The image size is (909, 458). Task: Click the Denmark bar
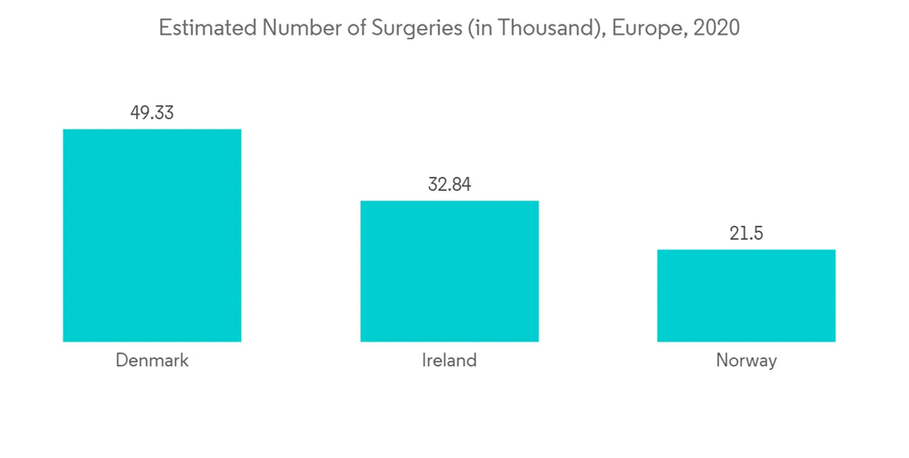click(x=152, y=235)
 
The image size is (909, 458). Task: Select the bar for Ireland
click(x=449, y=271)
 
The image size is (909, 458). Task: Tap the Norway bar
click(x=746, y=295)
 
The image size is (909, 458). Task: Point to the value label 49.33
click(x=152, y=114)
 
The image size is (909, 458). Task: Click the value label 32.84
click(x=449, y=184)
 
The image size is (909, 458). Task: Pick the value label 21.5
click(x=746, y=234)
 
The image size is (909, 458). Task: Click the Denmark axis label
click(x=152, y=361)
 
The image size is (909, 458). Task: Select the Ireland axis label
click(x=449, y=361)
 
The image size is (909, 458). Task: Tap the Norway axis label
click(x=746, y=361)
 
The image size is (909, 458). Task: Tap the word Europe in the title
click(x=646, y=29)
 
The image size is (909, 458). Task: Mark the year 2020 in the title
click(x=715, y=28)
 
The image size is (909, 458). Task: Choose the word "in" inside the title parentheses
click(x=478, y=28)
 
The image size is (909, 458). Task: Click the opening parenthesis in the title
click(x=465, y=29)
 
